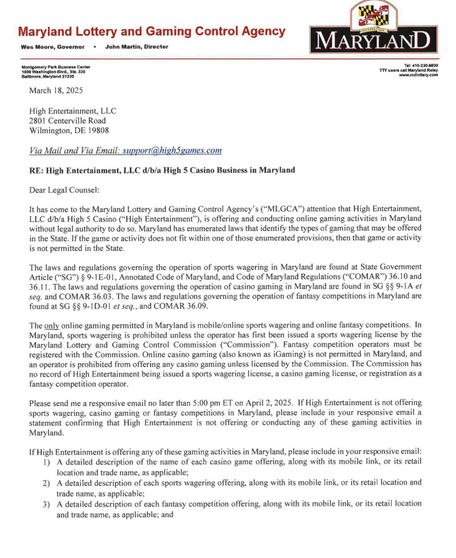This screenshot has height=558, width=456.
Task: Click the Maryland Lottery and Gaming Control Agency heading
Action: tap(151, 32)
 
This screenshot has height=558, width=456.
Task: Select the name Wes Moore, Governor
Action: tap(52, 47)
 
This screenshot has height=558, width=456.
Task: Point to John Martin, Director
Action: tap(137, 47)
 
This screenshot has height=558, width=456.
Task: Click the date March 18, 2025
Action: tap(56, 91)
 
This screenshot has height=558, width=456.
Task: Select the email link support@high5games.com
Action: tap(172, 150)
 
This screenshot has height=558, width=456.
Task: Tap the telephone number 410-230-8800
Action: tap(425, 66)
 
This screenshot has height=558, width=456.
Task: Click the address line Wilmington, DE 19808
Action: tap(69, 131)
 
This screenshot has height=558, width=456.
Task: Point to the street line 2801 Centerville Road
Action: tap(67, 121)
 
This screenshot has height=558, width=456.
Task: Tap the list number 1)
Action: tap(46, 463)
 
